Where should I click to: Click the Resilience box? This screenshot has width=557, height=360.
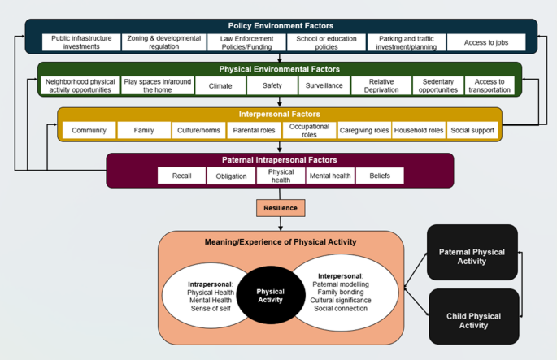click(281, 208)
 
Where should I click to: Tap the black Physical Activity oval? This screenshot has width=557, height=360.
click(270, 295)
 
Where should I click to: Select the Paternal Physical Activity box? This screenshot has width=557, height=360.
click(472, 257)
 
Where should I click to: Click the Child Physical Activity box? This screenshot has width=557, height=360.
click(473, 320)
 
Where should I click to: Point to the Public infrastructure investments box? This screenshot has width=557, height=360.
click(81, 43)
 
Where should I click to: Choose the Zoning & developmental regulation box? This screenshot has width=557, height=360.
click(163, 43)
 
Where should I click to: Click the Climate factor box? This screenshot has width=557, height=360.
click(220, 86)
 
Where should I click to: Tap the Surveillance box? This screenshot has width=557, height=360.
click(324, 86)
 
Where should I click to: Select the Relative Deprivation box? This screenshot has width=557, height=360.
click(381, 86)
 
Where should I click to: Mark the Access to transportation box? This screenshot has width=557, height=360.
click(490, 86)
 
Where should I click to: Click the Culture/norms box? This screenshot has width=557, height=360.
click(199, 131)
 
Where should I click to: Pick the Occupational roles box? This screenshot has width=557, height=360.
click(309, 131)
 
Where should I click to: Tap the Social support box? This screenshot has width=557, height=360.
click(472, 131)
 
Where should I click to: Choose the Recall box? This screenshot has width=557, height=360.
click(181, 176)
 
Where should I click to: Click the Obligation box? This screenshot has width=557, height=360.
click(231, 176)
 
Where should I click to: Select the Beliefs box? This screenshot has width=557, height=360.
click(380, 176)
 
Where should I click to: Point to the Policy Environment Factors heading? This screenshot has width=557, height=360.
click(281, 26)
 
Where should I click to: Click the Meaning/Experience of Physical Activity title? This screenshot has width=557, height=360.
click(281, 242)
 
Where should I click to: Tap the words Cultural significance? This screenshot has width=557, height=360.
click(341, 301)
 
